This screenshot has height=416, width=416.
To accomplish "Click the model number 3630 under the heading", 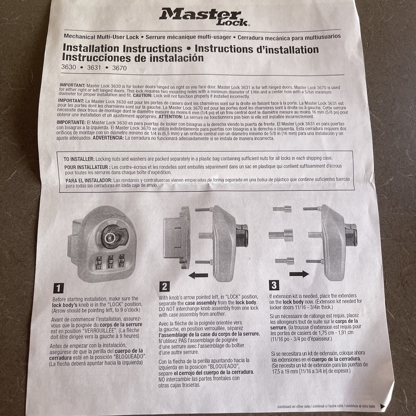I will pos(69,68).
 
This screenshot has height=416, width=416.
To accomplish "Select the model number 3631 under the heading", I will pos(94,68).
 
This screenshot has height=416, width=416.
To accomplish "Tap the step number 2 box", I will pos(165,286).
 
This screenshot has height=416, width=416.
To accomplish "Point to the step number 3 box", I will pos(274,285).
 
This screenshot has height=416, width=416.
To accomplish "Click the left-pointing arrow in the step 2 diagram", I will pos(199,275).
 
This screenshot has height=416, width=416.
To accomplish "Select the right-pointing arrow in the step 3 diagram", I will pos(299,274).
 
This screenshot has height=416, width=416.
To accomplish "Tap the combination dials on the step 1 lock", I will pos(111,264).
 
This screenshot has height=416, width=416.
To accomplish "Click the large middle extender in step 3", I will pos(281,235).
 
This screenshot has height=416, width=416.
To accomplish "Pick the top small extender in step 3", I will pos(282,209).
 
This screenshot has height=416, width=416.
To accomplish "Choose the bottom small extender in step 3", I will pos(284,261).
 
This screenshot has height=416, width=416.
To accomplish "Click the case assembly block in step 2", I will pos(176,238).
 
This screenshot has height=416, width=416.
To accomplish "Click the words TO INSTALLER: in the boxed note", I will pos(79,159).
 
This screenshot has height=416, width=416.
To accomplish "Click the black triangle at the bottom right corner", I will pos(382,406).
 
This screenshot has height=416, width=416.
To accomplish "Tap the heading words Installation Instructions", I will pos(122,49).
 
